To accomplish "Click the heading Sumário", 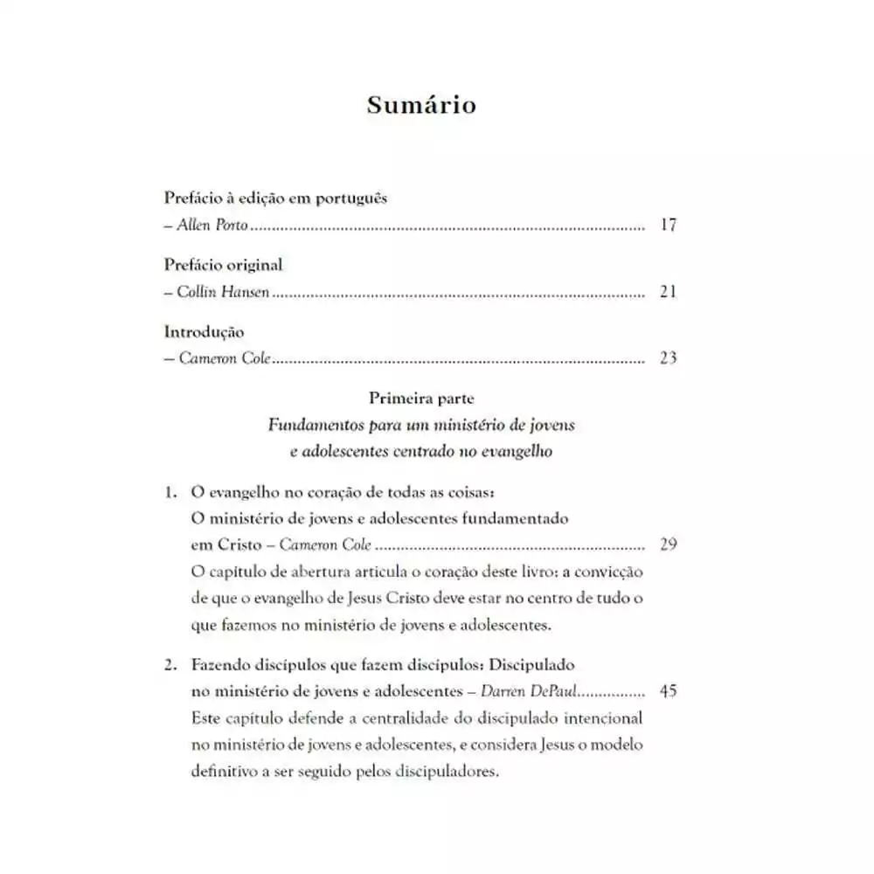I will pos(421,105).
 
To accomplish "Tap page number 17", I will pos(669,225).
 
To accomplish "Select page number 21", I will pos(669,292).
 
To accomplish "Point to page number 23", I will pos(669,358).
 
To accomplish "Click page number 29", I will pos(669,545).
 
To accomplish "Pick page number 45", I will pos(669,691).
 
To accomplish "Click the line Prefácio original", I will pos(223,265).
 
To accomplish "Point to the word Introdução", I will pos(204,332).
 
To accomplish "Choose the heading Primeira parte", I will pos(421,399).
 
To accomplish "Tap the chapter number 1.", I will pos(170,492).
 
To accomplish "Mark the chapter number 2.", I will pos(170,664).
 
